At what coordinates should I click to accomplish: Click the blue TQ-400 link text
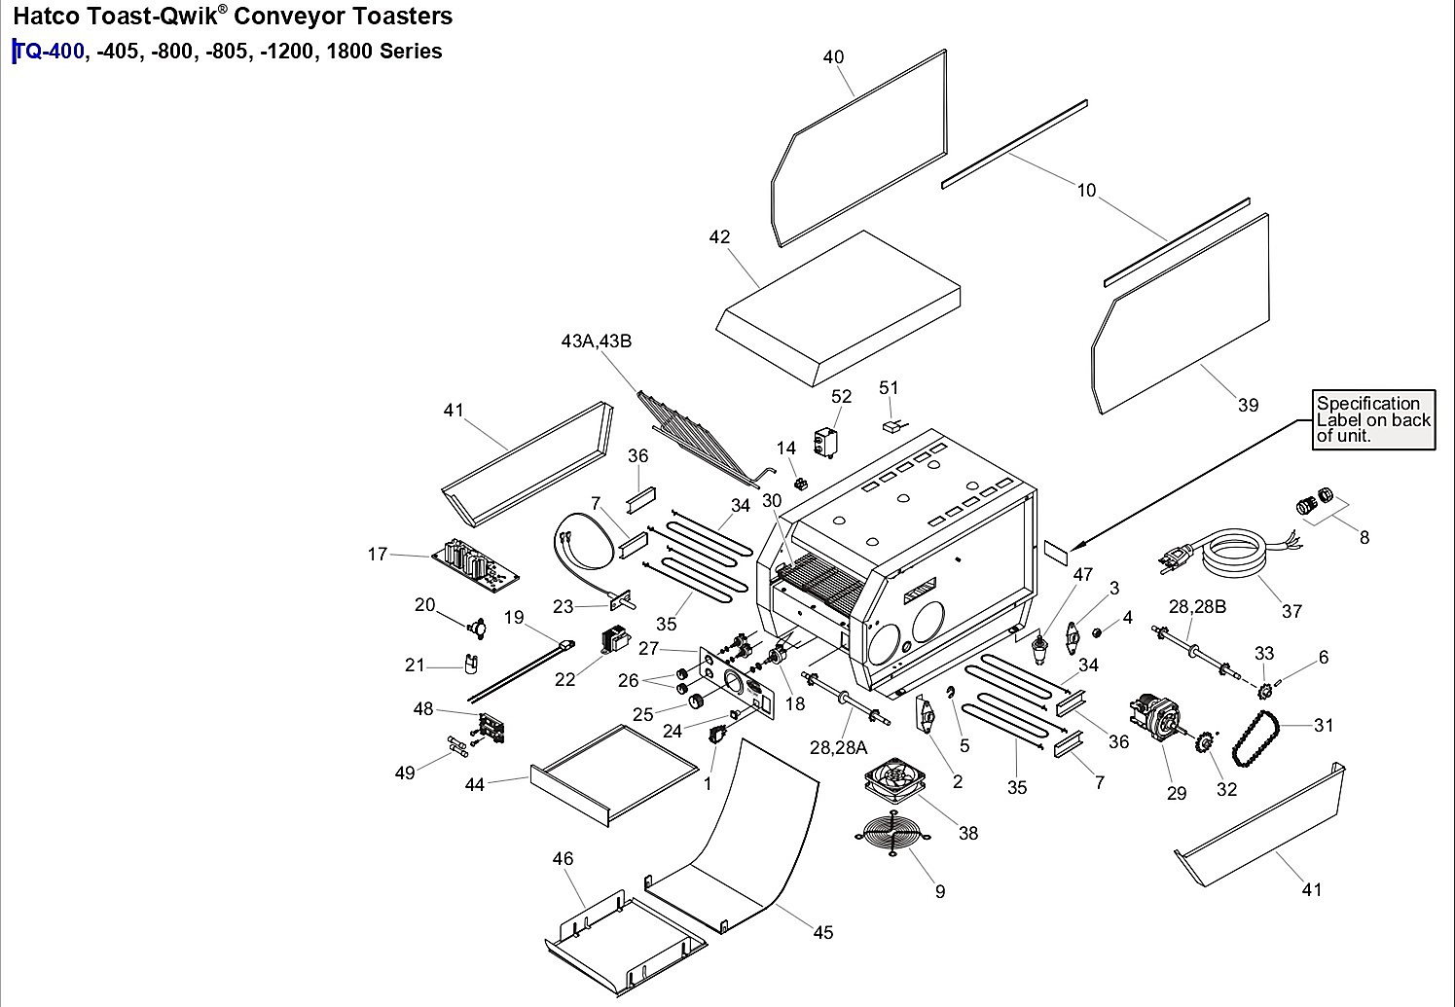pos(50,51)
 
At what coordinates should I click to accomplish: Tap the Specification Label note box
pos(1373,419)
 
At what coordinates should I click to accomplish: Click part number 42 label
pos(719,236)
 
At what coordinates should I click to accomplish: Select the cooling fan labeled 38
pos(894,780)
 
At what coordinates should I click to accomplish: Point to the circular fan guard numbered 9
pos(893,834)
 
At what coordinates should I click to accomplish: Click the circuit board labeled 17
pos(476,561)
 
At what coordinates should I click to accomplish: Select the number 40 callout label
pos(833,57)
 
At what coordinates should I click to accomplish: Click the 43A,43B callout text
pos(597,341)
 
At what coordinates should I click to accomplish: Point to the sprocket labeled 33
pos(1264,691)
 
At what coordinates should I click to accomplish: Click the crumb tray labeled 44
pos(614,774)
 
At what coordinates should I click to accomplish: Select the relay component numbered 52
pos(825,443)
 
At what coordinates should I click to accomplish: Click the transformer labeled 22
pos(615,639)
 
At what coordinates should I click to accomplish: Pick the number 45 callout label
pos(823,932)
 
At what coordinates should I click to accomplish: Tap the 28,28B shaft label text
pos(1197,606)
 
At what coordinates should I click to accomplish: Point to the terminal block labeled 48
pos(491,728)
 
